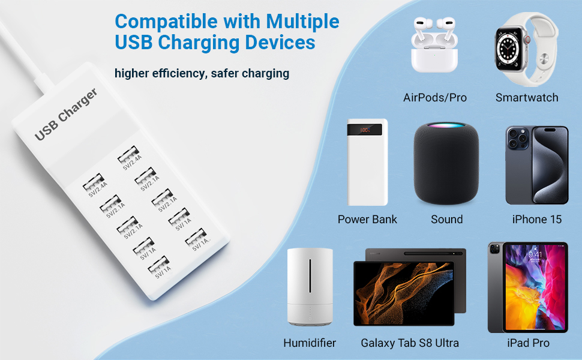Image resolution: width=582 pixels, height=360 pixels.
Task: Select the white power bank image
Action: (x=367, y=162)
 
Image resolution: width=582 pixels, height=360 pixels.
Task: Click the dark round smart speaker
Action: (x=447, y=163)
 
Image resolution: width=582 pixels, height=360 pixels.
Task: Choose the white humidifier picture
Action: (x=309, y=287)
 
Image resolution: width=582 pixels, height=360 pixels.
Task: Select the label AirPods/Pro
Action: (x=435, y=98)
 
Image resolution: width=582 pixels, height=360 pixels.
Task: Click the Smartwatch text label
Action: (x=527, y=98)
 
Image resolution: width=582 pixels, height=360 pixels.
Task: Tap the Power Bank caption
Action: (x=367, y=220)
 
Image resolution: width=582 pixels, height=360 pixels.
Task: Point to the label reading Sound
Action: (x=447, y=220)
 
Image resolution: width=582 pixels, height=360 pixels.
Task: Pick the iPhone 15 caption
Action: (x=537, y=220)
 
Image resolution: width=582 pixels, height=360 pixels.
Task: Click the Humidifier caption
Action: (x=310, y=343)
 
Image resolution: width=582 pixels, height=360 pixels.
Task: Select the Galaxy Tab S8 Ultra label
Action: (x=410, y=343)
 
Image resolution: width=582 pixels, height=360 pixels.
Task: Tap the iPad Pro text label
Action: (x=528, y=343)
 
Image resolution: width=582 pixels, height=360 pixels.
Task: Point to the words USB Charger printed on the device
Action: (x=65, y=115)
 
